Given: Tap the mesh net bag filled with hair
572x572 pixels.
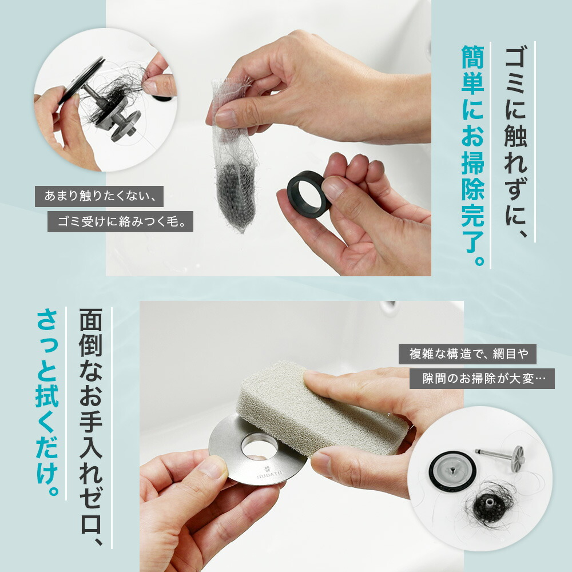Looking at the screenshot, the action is click(234, 157).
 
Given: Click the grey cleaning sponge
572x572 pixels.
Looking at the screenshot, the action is click(321, 408).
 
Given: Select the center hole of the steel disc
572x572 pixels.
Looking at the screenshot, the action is click(259, 446).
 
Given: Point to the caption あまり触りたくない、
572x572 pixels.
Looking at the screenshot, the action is click(99, 196).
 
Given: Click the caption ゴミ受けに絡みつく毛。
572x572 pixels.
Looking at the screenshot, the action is click(120, 221).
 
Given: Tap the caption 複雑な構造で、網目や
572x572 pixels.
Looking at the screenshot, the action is click(467, 354).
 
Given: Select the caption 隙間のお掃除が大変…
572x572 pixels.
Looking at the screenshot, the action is click(482, 379).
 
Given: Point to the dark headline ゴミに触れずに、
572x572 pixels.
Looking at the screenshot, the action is click(516, 142).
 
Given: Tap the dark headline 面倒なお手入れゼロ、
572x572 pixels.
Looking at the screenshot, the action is click(91, 427).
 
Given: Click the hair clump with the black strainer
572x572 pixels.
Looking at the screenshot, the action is click(487, 505).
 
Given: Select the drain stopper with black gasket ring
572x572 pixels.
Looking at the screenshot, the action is click(452, 471).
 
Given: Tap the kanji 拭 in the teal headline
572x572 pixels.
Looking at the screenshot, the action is click(47, 396).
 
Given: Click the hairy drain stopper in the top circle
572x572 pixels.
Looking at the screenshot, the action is click(102, 102).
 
